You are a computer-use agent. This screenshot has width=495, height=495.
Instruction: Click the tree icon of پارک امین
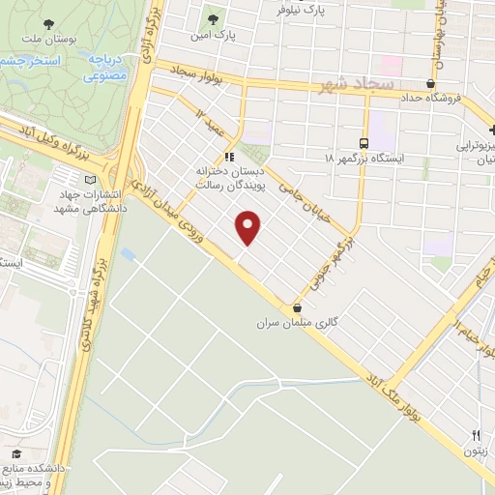click(212, 16)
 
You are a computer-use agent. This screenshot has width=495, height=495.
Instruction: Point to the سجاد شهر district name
click(356, 85)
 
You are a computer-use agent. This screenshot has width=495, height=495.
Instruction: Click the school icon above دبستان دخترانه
click(229, 157)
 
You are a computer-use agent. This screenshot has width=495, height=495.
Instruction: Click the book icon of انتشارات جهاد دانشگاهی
click(91, 180)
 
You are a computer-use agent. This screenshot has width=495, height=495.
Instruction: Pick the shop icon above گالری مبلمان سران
click(281, 307)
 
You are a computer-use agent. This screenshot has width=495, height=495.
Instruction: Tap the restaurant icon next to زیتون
click(476, 435)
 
